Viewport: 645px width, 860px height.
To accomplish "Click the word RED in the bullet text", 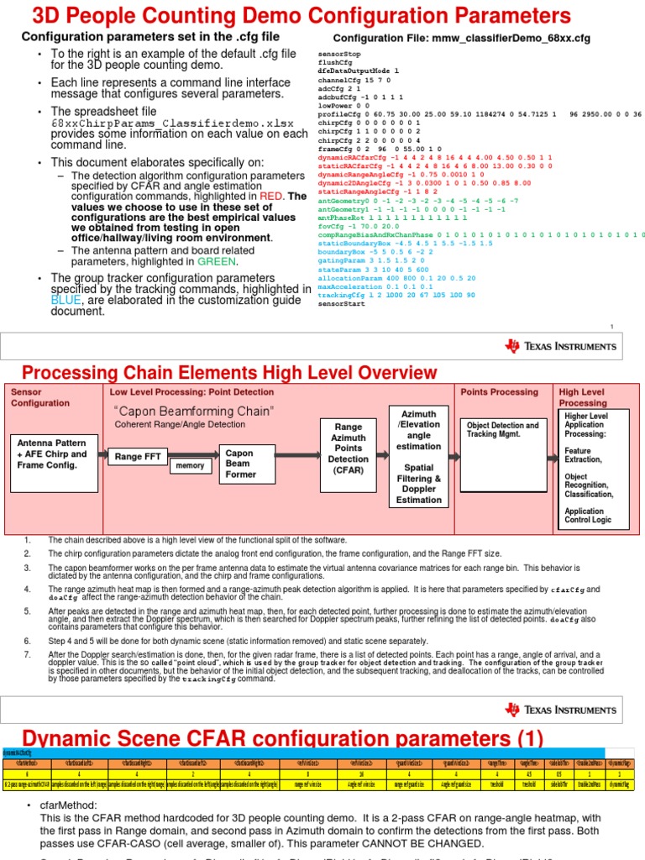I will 270,196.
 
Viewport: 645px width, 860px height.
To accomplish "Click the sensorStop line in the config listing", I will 339,53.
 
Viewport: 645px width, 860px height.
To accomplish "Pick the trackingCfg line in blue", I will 396,295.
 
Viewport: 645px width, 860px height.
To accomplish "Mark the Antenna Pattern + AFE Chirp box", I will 52,454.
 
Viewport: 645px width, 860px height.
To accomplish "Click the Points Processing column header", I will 501,392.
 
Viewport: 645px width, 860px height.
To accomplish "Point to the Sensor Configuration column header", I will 40,397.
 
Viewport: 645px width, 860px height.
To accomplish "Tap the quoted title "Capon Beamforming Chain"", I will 193,411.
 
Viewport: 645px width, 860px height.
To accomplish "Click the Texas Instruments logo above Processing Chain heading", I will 560,346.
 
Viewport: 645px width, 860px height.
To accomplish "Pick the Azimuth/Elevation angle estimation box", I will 418,457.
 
